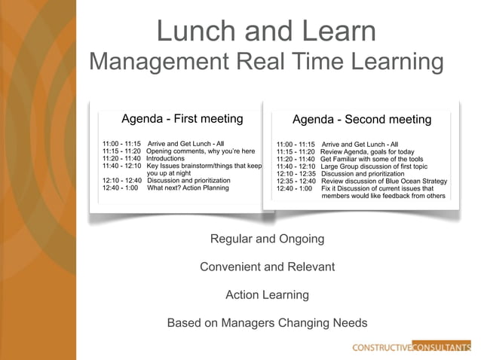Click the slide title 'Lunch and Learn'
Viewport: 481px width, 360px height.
tap(266, 31)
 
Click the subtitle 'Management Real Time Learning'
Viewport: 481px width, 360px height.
tap(266, 62)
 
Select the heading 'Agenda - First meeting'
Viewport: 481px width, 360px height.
tap(182, 118)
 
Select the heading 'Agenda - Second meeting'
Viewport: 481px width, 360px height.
tap(362, 119)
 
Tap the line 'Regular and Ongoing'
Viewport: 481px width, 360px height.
tap(267, 239)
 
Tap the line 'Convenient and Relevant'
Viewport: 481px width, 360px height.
tap(267, 267)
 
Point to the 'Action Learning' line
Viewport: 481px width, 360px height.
tap(267, 294)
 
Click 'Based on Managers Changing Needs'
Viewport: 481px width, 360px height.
tap(267, 323)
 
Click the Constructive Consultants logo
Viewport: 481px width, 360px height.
tap(411, 347)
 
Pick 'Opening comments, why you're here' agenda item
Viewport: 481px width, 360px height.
tap(201, 151)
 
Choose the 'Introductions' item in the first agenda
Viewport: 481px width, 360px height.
tap(165, 158)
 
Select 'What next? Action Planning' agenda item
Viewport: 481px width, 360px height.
tap(188, 188)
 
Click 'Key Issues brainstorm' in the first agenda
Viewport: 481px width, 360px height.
tap(204, 166)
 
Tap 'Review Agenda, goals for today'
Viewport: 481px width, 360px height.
tap(367, 151)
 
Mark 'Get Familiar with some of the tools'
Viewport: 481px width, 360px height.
tap(372, 159)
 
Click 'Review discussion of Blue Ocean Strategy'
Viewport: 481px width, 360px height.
tap(384, 182)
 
